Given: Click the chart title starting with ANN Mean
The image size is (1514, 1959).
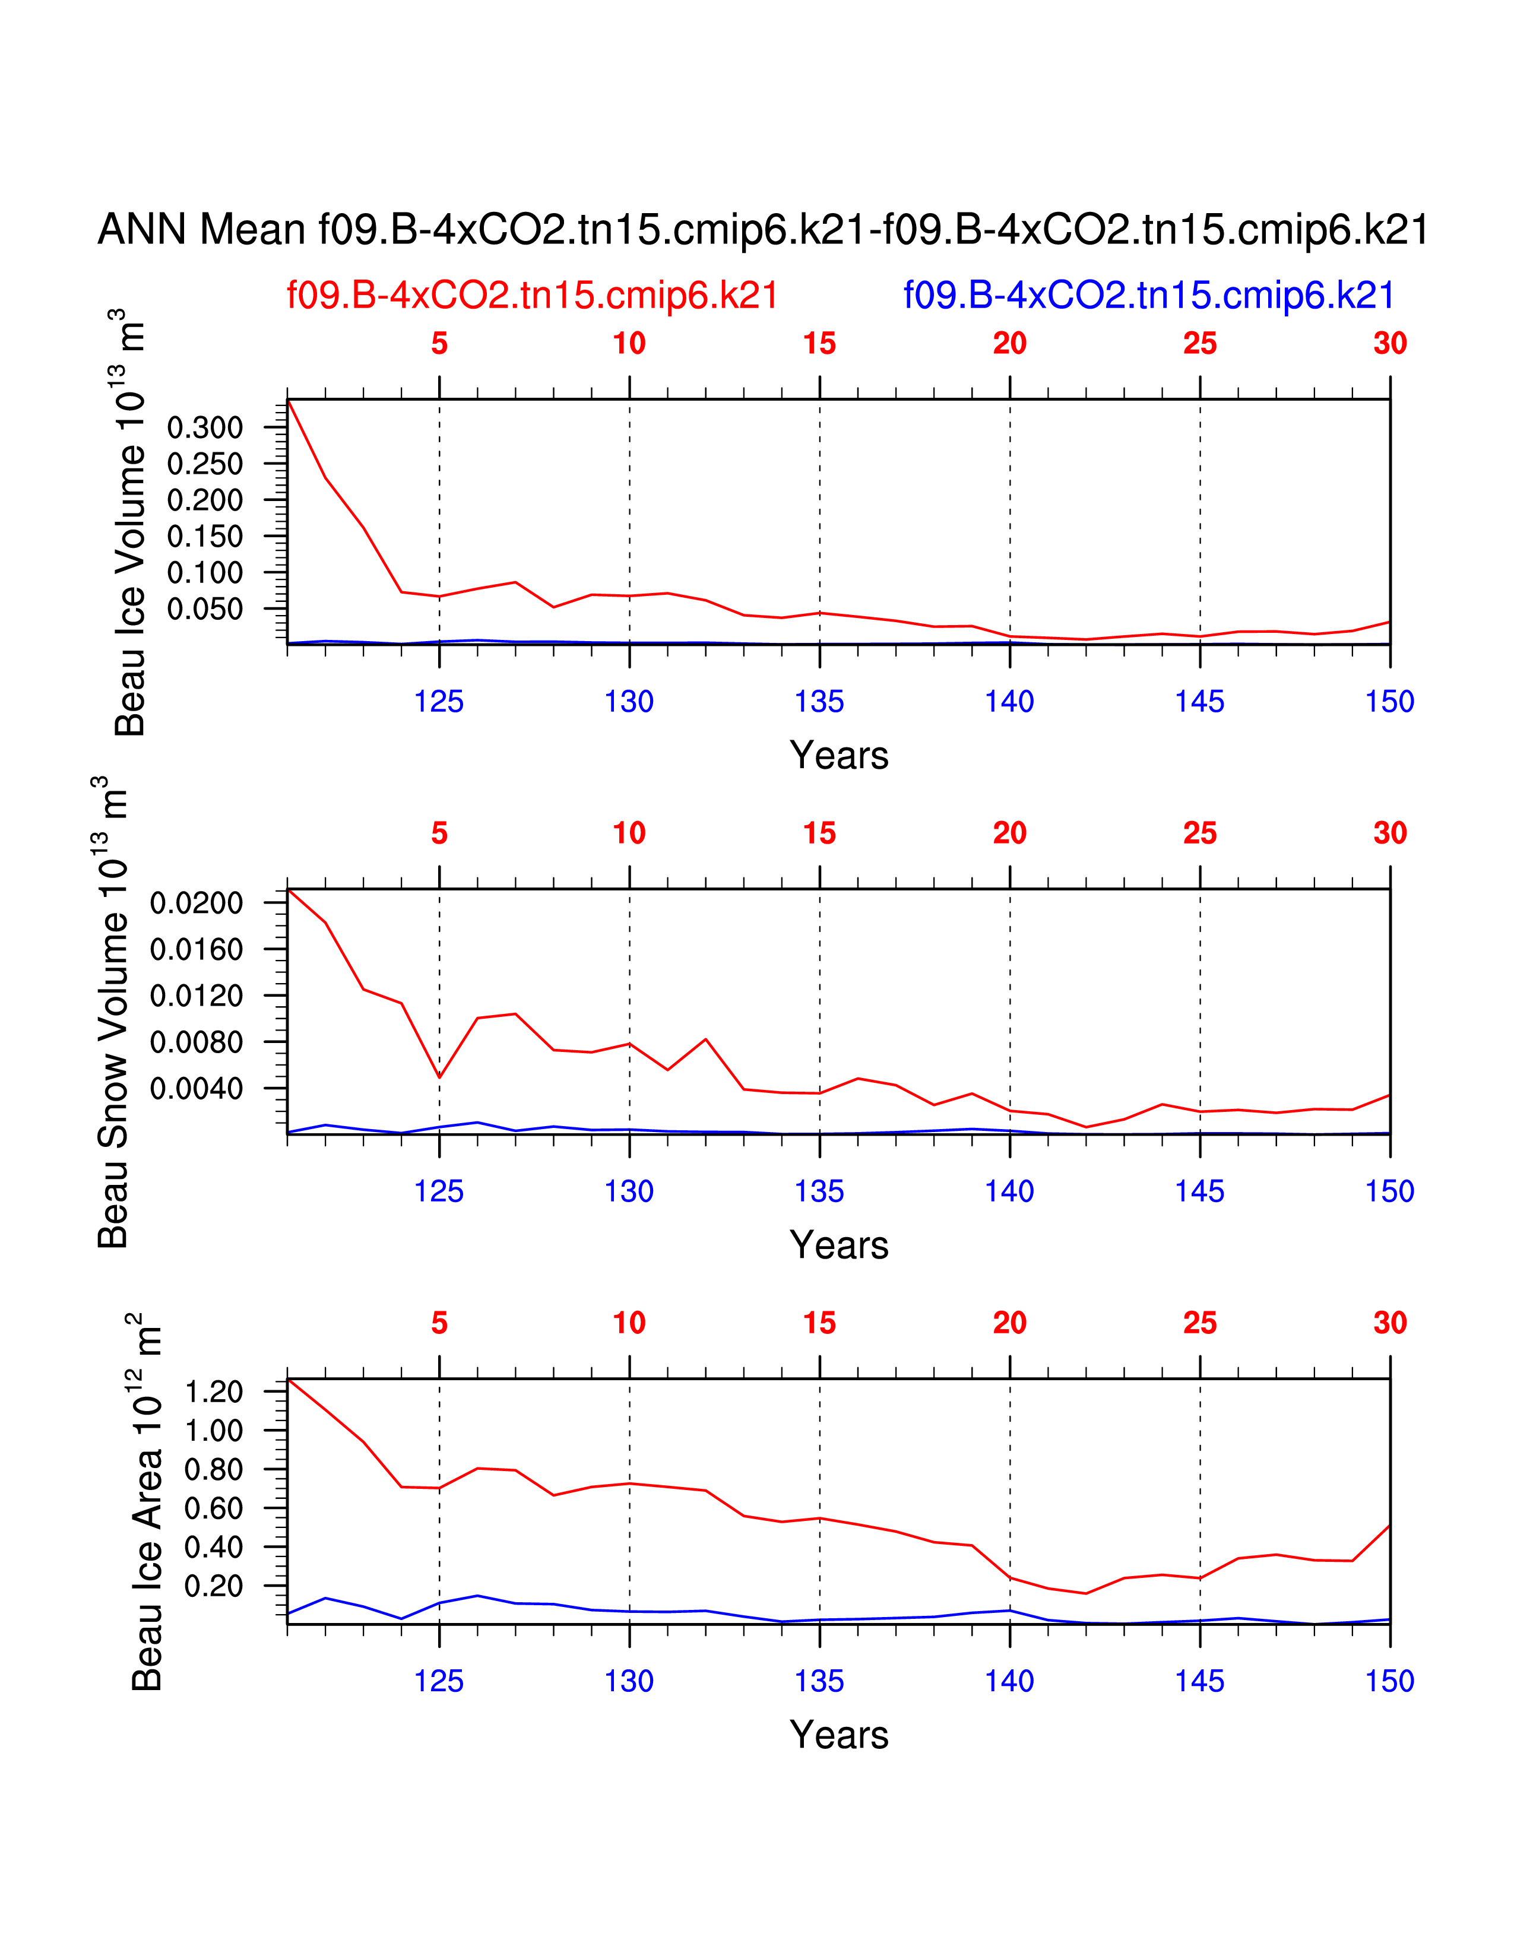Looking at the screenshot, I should (x=762, y=230).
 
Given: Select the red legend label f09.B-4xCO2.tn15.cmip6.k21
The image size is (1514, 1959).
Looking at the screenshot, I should (x=532, y=295).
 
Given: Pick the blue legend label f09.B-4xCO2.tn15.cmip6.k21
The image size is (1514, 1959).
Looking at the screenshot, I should (x=1148, y=295).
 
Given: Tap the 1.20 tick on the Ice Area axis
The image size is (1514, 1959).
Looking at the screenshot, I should (x=214, y=1392).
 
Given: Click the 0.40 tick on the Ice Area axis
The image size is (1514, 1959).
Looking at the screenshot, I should (x=214, y=1547).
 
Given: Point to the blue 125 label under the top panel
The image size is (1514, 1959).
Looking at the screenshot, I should (x=439, y=702).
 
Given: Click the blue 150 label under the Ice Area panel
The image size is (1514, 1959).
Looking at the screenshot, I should (x=1389, y=1681).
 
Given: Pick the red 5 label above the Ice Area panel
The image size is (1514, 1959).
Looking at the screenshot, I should (x=439, y=1323).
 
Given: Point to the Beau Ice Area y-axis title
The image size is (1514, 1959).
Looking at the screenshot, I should (x=146, y=1502).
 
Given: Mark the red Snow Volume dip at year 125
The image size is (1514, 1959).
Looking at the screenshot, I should (x=439, y=1077).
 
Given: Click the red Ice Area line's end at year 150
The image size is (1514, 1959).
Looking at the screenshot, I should (x=1389, y=1526).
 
